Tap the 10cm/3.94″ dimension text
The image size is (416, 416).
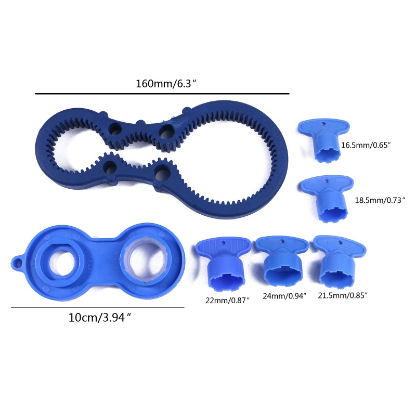click(100, 318)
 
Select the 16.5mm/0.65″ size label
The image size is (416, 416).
click(366, 145)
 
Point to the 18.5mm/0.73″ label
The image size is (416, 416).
click(380, 200)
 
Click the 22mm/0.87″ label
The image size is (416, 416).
click(228, 301)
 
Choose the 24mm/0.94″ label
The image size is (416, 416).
click(284, 296)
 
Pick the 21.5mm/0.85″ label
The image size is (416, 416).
click(343, 295)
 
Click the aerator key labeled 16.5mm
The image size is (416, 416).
click(323, 140)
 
